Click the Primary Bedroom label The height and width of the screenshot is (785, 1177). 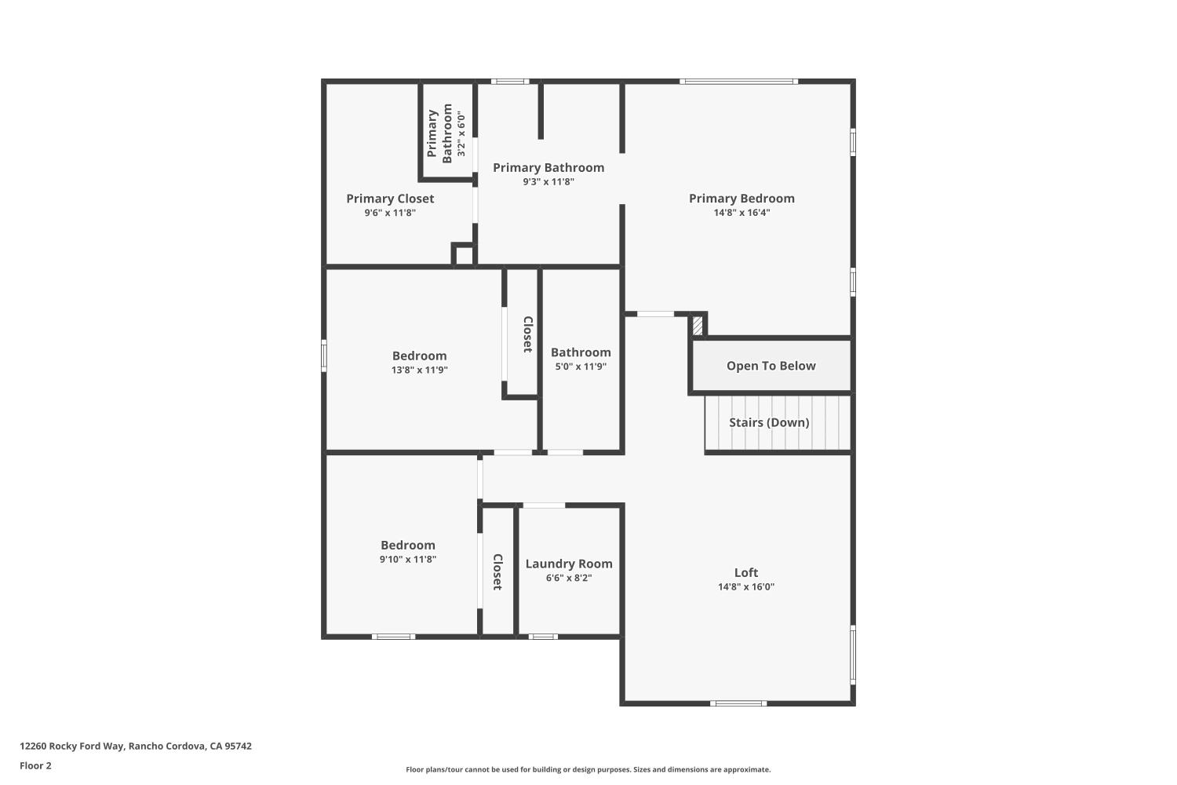(742, 199)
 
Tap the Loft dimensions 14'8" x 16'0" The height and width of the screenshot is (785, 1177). (745, 586)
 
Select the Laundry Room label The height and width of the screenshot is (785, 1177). (569, 564)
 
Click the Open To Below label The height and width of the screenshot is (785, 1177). (771, 366)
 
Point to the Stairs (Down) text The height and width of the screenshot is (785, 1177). (768, 422)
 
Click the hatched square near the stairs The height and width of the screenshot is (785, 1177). (698, 325)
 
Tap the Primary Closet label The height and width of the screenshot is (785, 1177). (390, 199)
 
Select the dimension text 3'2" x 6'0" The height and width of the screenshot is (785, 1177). (461, 134)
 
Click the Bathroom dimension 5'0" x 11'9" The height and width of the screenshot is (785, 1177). (581, 367)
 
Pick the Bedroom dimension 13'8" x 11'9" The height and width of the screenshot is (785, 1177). (419, 370)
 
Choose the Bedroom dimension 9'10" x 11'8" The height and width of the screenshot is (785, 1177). (407, 560)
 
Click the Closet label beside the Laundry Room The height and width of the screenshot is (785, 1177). (497, 571)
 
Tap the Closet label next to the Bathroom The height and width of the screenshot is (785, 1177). (528, 334)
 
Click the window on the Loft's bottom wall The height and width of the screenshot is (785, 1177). (738, 703)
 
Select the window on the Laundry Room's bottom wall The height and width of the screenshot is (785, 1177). (542, 637)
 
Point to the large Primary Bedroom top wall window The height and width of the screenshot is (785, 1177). (738, 81)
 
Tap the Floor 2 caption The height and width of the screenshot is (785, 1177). (35, 766)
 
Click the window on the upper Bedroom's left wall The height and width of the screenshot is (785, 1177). (323, 355)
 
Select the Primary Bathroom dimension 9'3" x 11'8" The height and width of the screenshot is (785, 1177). (548, 182)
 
